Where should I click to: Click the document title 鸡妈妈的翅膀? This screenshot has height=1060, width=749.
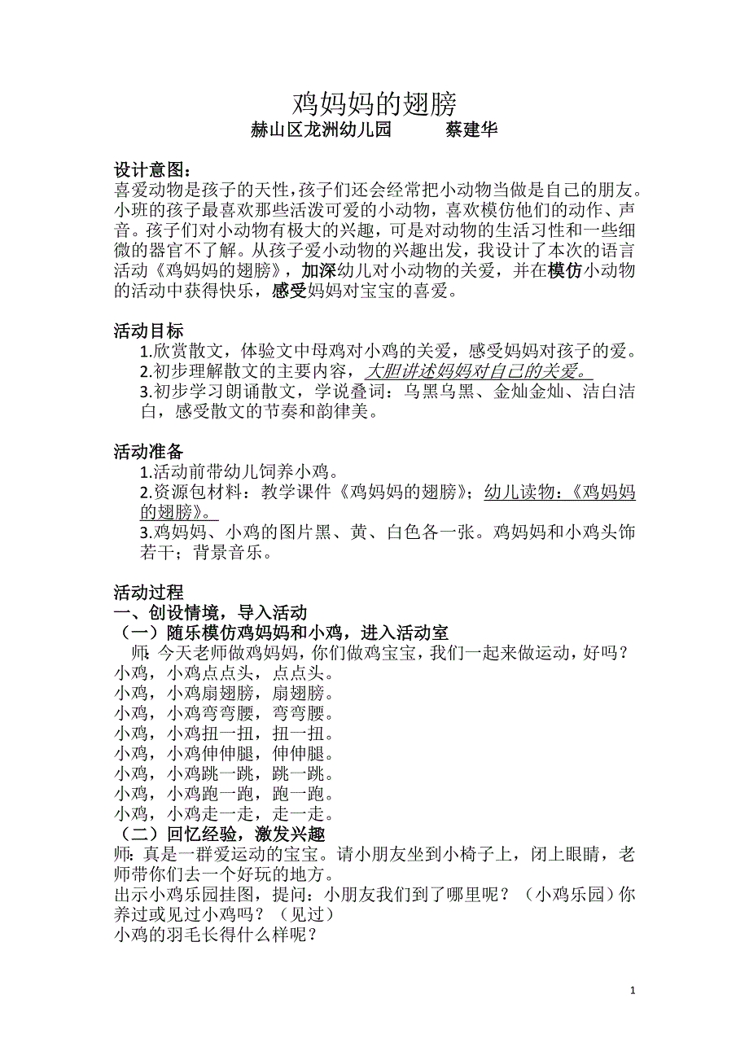374,103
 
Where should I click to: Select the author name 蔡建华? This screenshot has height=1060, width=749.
471,129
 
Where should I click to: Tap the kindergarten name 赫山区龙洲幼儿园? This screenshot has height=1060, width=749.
322,129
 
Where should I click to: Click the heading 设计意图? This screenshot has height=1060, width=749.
152,170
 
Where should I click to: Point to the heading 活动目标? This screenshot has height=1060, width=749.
148,331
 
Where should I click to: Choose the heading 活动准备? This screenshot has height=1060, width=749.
148,452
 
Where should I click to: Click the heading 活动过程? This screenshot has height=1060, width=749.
148,593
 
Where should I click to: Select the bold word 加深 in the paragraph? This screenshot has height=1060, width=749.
318,271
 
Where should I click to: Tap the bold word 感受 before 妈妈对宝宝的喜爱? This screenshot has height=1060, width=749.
287,291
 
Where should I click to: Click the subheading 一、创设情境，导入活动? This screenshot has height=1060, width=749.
210,613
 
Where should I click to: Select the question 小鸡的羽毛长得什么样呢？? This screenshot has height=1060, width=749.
216,935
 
